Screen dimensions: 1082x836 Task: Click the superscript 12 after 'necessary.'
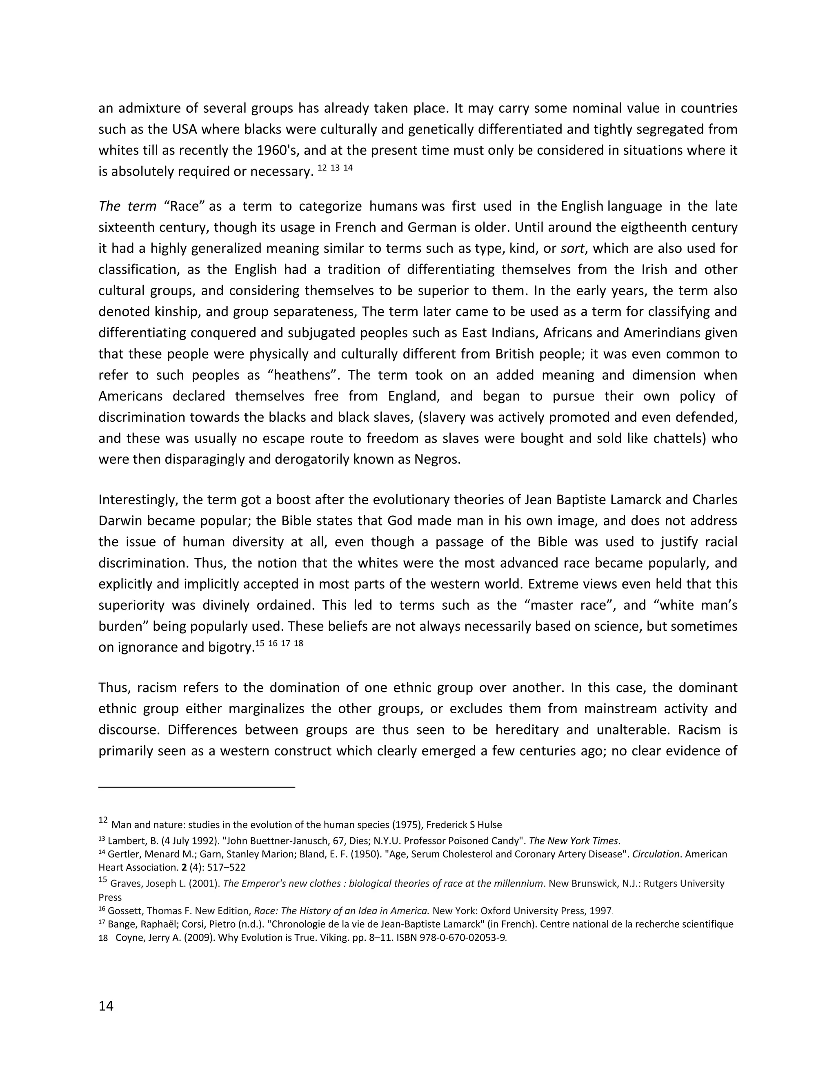[x=322, y=168]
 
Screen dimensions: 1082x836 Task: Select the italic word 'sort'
[x=572, y=248]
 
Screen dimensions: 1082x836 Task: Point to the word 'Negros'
[x=436, y=459]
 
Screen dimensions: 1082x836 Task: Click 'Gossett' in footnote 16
[x=123, y=911]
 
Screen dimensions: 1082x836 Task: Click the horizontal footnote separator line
[x=197, y=786]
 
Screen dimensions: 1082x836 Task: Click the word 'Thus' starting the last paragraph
[x=113, y=688]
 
